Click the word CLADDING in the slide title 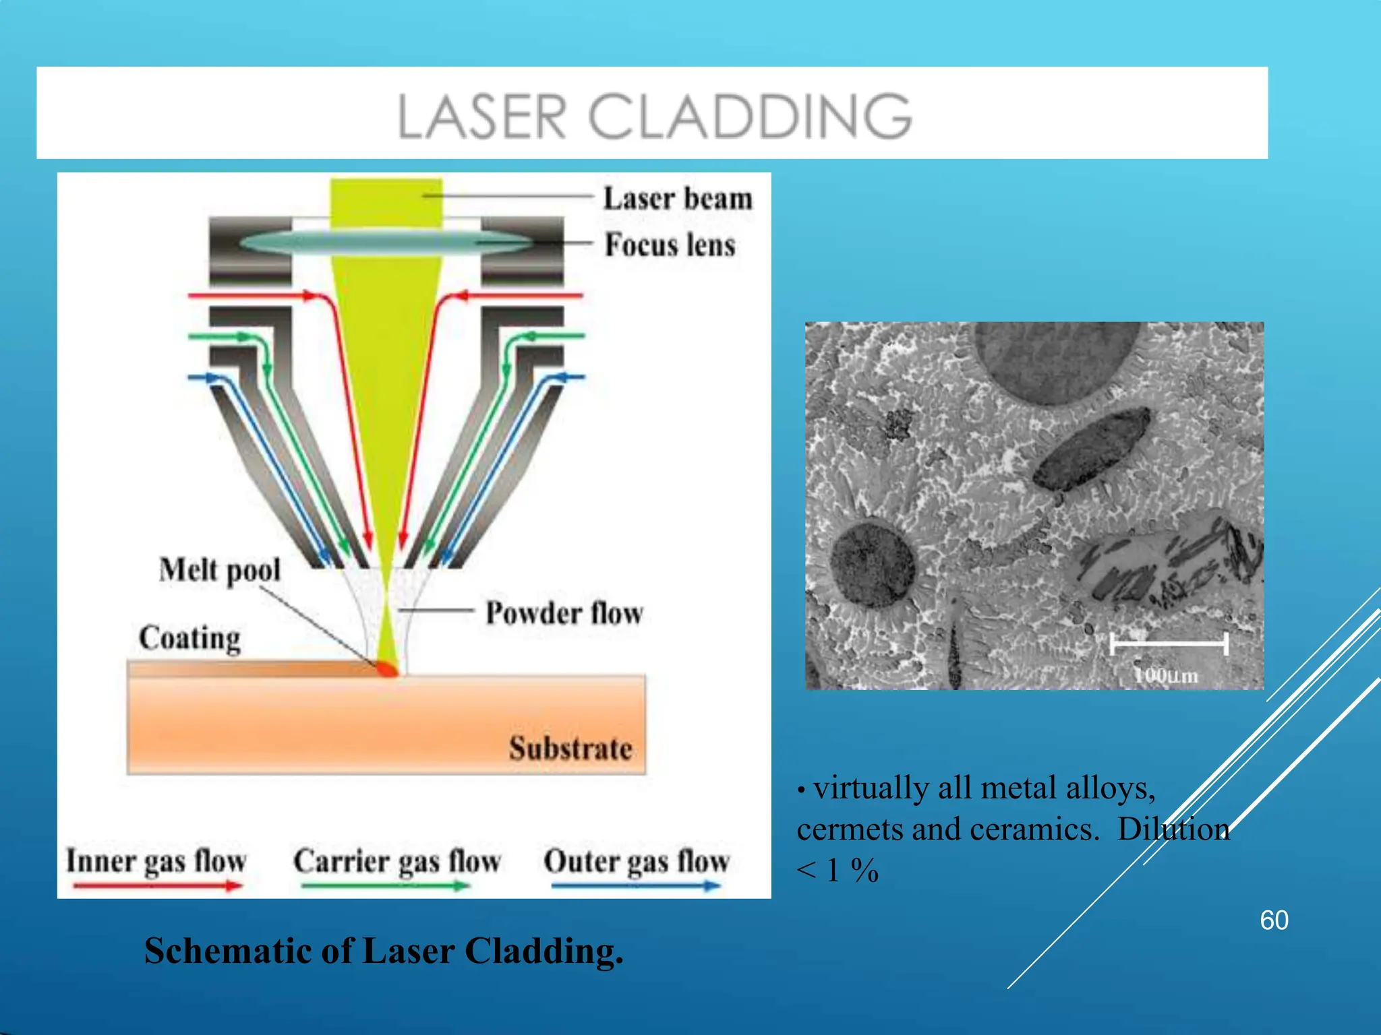750,117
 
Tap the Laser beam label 677,199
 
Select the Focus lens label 670,245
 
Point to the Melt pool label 220,570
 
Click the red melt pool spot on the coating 388,668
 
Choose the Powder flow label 564,613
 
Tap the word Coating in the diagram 189,637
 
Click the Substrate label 570,749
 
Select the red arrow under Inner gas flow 156,886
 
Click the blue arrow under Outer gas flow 635,886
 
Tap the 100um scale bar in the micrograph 1168,645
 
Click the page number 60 1274,920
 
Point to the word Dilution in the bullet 1173,829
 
